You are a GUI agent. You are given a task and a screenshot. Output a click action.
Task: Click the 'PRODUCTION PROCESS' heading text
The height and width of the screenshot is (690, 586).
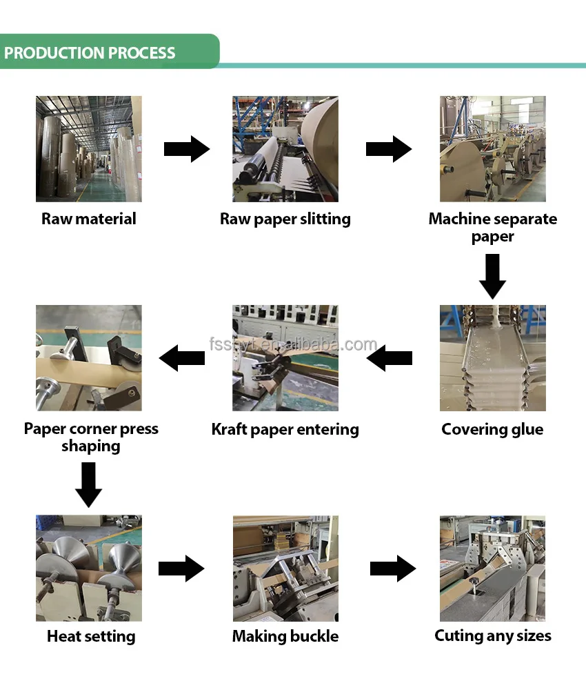coord(90,53)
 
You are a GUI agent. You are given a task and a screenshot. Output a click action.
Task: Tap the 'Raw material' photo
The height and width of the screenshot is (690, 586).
coord(89,149)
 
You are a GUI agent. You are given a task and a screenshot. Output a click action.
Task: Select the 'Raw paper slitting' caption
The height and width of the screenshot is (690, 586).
coord(285,219)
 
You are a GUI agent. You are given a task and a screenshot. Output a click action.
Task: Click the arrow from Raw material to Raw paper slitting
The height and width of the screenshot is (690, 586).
coord(187,149)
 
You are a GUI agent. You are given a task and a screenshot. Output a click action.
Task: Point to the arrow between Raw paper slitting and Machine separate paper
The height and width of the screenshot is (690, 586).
coord(389,149)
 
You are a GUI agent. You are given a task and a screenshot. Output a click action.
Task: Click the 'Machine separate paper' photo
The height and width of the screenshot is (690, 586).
coord(493,149)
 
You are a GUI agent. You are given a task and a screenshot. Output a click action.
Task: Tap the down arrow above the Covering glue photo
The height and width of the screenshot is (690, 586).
coord(492,277)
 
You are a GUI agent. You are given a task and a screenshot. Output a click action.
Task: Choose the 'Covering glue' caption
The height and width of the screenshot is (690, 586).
coord(492,429)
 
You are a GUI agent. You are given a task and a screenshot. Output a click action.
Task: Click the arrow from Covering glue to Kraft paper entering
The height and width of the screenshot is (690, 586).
coord(389,357)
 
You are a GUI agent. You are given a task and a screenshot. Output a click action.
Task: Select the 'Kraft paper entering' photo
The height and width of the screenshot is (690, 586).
coord(285,357)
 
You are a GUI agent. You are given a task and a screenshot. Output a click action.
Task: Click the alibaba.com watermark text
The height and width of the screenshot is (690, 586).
coord(293,344)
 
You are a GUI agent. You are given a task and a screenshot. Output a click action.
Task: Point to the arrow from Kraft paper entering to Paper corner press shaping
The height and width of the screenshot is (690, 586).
coord(181,357)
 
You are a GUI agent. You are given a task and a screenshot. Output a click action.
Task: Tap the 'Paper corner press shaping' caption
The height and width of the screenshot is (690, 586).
coord(91,437)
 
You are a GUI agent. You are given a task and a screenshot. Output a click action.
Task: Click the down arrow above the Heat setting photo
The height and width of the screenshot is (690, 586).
coord(88,484)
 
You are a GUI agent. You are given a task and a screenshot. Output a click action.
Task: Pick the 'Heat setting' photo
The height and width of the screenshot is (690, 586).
coord(89,568)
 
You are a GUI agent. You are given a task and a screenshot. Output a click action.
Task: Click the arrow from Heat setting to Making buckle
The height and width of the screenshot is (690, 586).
coord(181,569)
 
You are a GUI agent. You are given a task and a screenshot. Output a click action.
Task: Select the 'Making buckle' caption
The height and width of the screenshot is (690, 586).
coord(285,636)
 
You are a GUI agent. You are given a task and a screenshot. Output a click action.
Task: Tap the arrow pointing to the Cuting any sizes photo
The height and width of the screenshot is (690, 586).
coord(393,569)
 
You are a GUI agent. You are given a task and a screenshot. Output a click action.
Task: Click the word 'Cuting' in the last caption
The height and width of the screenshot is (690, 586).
coord(459,636)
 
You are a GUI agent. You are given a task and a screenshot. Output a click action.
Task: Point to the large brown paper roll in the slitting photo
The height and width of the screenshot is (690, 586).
coord(321,141)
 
